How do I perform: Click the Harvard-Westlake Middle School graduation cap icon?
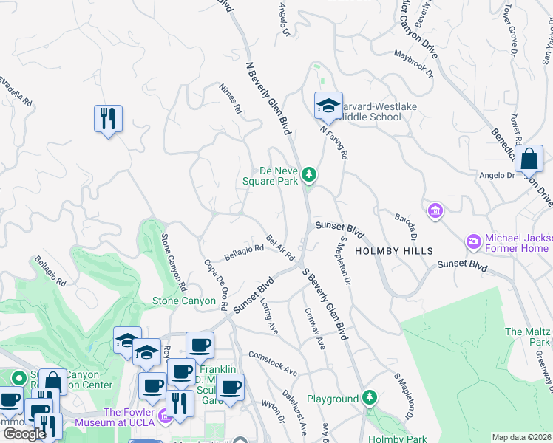(x=328, y=106)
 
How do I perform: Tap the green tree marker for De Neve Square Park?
(x=310, y=175)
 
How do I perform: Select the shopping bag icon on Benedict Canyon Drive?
(x=529, y=158)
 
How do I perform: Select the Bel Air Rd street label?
(x=280, y=248)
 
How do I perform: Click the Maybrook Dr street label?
(x=413, y=63)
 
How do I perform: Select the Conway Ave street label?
(x=314, y=328)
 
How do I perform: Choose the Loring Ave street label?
(x=268, y=317)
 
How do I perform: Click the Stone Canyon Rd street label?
(x=173, y=261)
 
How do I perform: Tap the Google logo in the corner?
(x=24, y=434)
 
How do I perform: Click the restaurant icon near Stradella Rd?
(x=108, y=118)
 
